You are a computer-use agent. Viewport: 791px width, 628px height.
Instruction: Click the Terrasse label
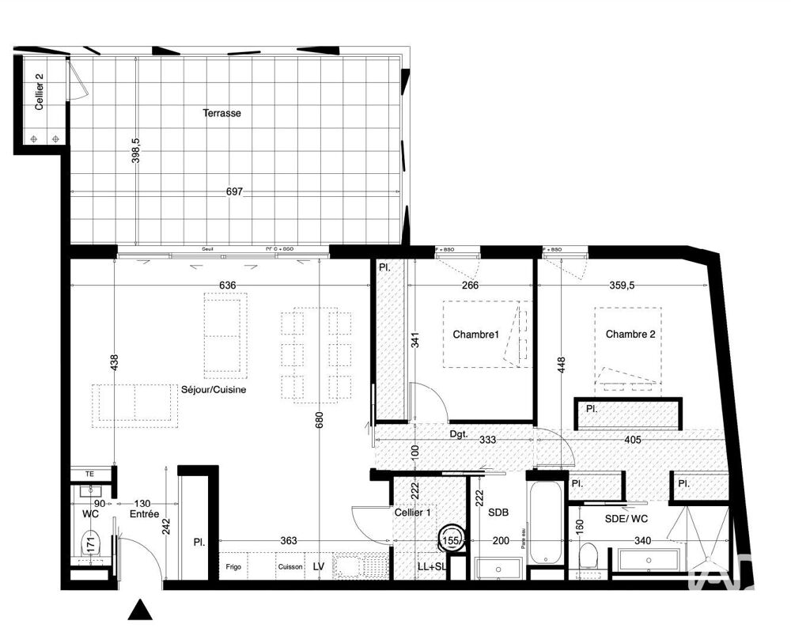(x=221, y=113)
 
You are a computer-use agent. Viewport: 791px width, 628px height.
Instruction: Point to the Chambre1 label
(x=476, y=335)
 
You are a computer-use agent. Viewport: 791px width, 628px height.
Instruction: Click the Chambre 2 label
(x=630, y=335)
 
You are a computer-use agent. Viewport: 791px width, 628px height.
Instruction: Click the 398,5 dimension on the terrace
(x=135, y=150)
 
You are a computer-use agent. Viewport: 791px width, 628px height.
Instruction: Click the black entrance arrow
(x=140, y=609)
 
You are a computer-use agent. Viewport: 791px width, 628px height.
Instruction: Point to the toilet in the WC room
(x=90, y=543)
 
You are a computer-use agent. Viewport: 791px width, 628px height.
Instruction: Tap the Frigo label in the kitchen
(x=233, y=567)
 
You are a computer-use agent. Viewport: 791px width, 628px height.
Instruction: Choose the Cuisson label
(x=289, y=567)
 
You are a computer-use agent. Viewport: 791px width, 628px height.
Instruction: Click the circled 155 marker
(x=452, y=540)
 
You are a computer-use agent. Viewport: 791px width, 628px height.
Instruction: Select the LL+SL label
(x=433, y=567)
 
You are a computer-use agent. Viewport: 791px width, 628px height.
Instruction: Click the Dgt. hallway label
(x=459, y=433)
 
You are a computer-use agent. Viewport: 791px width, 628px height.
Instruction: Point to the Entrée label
(x=145, y=514)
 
